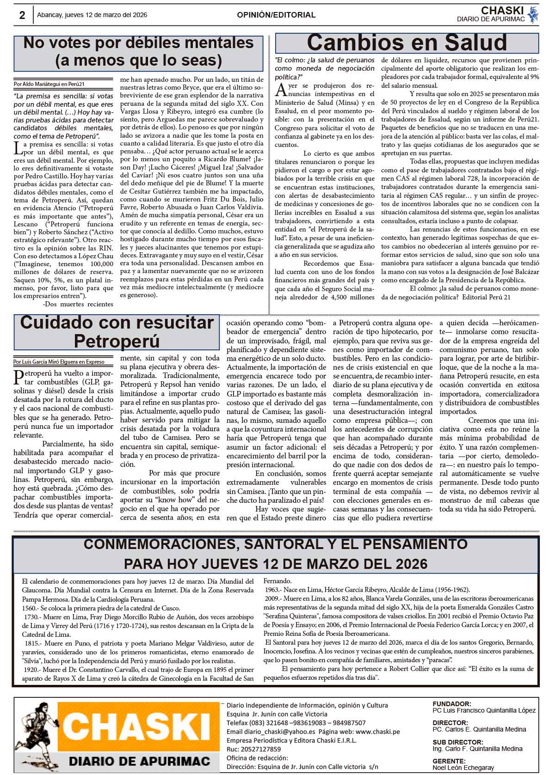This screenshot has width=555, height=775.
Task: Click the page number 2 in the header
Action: click(x=22, y=15)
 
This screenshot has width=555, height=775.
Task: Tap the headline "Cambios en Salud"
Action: click(x=407, y=43)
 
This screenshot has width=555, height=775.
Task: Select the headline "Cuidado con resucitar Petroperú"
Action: click(x=117, y=332)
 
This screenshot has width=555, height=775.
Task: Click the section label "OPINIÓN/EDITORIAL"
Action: click(x=276, y=15)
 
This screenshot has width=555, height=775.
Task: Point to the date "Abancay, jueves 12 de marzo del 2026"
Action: click(x=92, y=15)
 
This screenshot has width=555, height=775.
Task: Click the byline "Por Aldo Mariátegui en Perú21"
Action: click(x=49, y=84)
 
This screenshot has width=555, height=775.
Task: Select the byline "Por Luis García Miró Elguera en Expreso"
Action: click(x=59, y=362)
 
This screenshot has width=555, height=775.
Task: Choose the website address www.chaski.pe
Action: click(x=377, y=732)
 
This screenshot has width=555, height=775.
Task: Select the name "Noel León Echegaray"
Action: click(x=463, y=768)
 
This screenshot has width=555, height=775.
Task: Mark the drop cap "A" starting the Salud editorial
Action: click(x=280, y=89)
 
